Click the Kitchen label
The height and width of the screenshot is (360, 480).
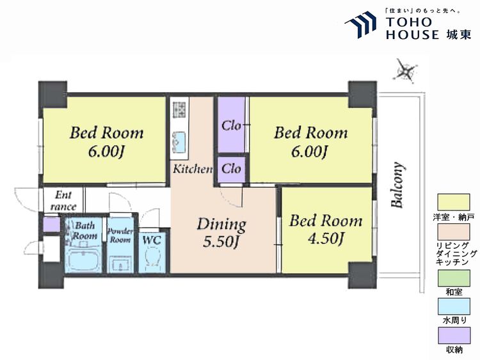point(193,169)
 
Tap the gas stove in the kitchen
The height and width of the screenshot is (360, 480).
point(179,109)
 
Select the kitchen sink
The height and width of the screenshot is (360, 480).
point(179,141)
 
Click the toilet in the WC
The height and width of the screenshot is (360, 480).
point(152,257)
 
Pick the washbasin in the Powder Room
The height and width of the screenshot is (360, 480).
point(120,265)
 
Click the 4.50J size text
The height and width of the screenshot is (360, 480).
point(326,238)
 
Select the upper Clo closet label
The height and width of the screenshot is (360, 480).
point(231,125)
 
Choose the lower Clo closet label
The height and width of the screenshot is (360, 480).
point(231,169)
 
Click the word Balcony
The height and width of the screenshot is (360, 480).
point(397,185)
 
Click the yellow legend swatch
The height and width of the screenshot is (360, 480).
point(454,203)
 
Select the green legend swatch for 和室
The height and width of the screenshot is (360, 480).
point(454,278)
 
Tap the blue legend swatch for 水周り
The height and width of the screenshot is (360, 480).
point(454,307)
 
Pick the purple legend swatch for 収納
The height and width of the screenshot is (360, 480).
point(454,336)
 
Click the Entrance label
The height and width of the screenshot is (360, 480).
point(63,201)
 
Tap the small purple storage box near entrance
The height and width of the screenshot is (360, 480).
point(51,225)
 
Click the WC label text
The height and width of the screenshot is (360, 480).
point(152,240)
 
